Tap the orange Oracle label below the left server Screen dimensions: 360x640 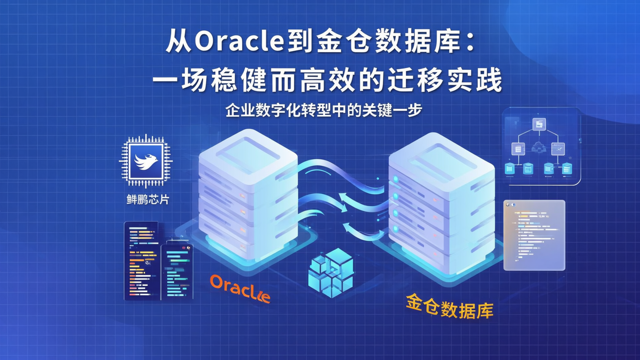(240, 289)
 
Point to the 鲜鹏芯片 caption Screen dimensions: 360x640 (147, 199)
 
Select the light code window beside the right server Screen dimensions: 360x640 (534, 235)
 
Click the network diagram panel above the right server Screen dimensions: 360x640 (541, 146)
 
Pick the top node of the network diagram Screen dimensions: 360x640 (540, 124)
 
